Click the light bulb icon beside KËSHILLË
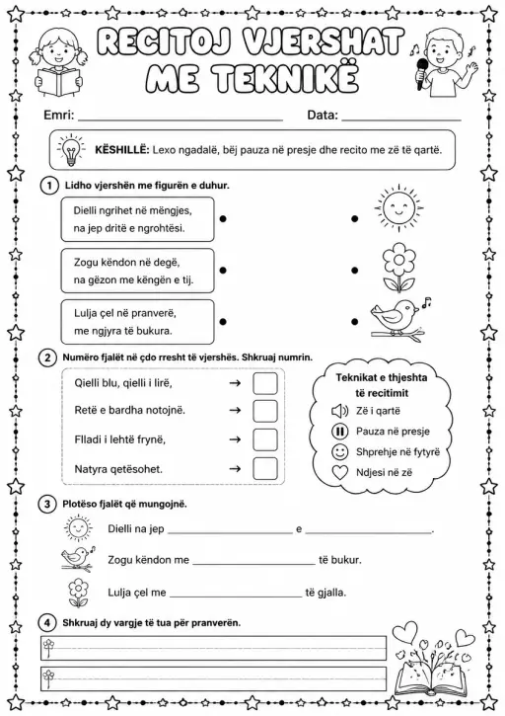[x=71, y=150]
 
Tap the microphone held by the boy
[x=421, y=74]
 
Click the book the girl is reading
[x=58, y=82]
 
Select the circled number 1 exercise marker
[x=49, y=186]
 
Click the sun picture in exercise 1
[x=398, y=207]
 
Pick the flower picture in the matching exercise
[x=398, y=268]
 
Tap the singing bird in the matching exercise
[x=398, y=320]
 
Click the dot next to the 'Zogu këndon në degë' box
[x=223, y=271]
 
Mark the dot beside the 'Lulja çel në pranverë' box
[x=223, y=322]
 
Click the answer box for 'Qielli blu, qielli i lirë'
[x=265, y=383]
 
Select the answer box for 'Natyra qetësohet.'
[x=265, y=468]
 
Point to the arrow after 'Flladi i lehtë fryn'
[x=235, y=439]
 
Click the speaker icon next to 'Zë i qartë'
[x=339, y=411]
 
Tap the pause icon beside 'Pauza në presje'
[x=339, y=432]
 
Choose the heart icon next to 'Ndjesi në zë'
[x=340, y=473]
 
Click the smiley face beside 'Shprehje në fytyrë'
[x=339, y=452]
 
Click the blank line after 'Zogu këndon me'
[x=254, y=564]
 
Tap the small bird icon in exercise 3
[x=79, y=558]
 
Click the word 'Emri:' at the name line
[x=59, y=115]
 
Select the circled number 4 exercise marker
[x=47, y=623]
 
